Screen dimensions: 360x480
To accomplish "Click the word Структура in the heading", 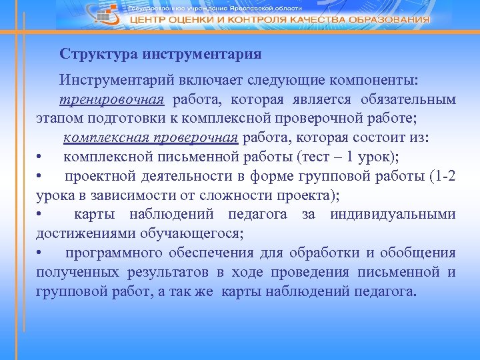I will pos(91,53).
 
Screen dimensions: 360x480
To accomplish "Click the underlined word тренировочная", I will pos(111,100).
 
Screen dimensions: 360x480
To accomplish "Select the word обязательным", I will pos(409,100).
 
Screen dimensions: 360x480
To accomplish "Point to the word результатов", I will pos(171,273).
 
